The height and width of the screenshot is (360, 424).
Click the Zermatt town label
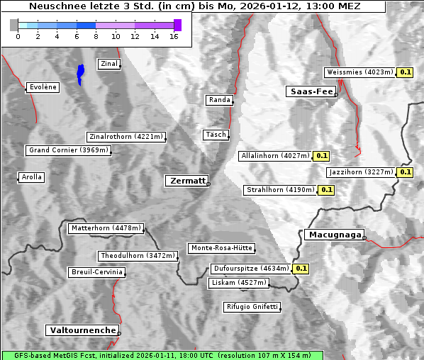(x=186, y=181)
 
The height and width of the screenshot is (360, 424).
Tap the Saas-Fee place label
(x=311, y=91)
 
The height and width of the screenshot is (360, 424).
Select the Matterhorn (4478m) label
(x=106, y=229)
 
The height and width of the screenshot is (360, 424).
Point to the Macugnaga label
(x=334, y=235)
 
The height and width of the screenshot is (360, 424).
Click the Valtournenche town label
(x=82, y=330)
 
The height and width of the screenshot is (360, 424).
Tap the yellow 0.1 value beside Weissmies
(x=405, y=72)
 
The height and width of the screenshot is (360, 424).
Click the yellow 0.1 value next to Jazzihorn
(x=405, y=172)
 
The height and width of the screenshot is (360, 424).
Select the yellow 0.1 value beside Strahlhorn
(x=326, y=190)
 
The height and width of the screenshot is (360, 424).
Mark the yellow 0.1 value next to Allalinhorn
(x=321, y=156)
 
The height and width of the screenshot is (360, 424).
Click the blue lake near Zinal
(x=81, y=73)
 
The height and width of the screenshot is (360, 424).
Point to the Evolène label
(x=42, y=87)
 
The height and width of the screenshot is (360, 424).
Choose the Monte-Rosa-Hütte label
(x=221, y=248)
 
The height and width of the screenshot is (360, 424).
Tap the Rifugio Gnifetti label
(x=252, y=307)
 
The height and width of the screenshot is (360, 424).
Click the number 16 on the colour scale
(x=174, y=36)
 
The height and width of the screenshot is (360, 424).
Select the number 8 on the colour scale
(x=96, y=36)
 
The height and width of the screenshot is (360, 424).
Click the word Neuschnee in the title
(x=59, y=6)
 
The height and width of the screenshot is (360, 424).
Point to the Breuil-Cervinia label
(x=96, y=272)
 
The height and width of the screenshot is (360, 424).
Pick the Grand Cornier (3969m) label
(x=69, y=150)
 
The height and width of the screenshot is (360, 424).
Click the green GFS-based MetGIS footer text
(x=162, y=355)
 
